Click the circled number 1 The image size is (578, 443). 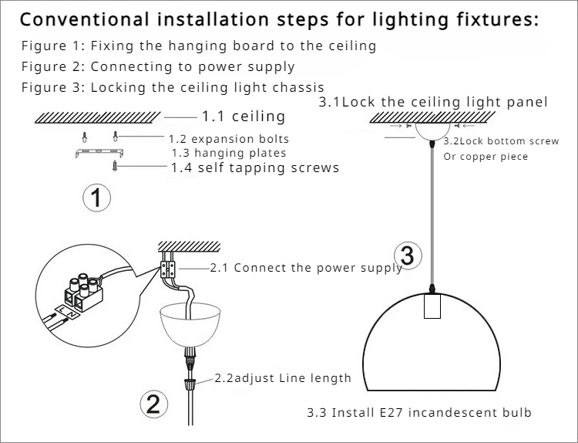point(96,198)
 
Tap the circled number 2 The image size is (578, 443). point(153,404)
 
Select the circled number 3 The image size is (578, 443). point(408,255)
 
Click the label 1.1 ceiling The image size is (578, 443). point(243,117)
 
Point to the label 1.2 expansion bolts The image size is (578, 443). point(229,140)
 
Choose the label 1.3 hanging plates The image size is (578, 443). point(229,153)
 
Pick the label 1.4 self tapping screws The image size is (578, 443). point(254,167)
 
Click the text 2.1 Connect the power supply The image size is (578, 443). point(306,268)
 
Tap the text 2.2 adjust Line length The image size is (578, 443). point(282,378)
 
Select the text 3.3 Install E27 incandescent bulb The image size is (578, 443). point(418,412)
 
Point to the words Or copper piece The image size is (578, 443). point(486,157)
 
